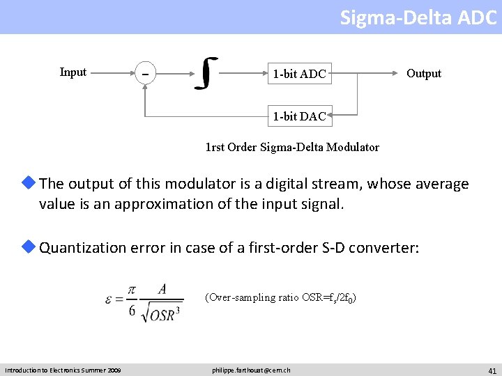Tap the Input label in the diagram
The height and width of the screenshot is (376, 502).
(73, 72)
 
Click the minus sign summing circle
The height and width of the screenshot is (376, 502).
(145, 73)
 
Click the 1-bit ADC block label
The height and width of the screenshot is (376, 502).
(299, 73)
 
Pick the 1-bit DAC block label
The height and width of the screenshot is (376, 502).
(299, 116)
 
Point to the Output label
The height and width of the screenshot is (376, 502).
(424, 73)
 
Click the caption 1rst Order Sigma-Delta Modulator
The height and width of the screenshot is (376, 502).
(292, 147)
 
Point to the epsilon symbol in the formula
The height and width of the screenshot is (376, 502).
(109, 301)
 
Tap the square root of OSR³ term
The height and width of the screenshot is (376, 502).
(161, 314)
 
